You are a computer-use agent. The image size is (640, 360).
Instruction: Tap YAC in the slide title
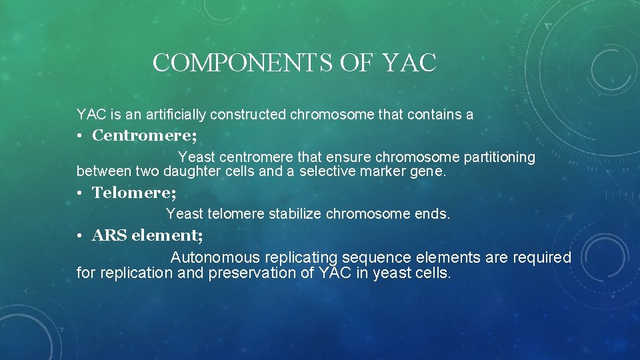pyautogui.click(x=409, y=63)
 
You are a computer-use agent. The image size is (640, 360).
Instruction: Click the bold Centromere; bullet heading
pyautogui.click(x=144, y=136)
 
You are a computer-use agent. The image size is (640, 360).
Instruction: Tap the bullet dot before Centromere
pyautogui.click(x=79, y=137)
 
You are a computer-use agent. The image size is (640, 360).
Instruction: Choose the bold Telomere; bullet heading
pyautogui.click(x=134, y=193)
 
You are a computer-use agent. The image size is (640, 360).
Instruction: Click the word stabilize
pyautogui.click(x=293, y=214)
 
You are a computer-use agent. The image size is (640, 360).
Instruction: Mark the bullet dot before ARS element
pyautogui.click(x=79, y=236)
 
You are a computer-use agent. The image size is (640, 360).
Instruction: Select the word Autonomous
pyautogui.click(x=215, y=257)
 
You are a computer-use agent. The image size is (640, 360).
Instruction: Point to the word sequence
pyautogui.click(x=375, y=257)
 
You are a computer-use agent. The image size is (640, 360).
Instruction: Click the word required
pyautogui.click(x=541, y=257)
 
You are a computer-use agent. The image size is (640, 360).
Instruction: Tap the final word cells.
pyautogui.click(x=431, y=273)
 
